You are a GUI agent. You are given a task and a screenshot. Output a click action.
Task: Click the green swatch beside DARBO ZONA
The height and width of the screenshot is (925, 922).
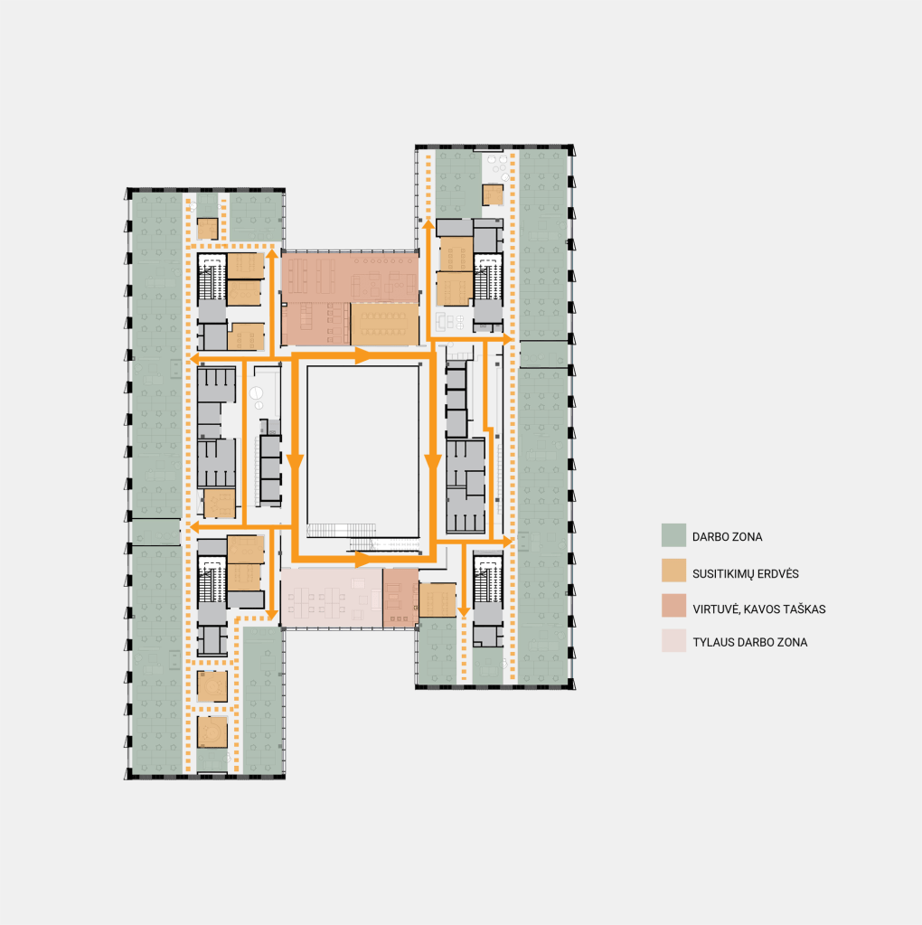tap(673, 535)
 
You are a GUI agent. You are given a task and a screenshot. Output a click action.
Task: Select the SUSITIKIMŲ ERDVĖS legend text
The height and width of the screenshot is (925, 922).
tap(745, 574)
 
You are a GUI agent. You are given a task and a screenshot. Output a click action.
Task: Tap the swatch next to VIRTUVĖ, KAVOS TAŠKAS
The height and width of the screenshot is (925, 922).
tap(673, 605)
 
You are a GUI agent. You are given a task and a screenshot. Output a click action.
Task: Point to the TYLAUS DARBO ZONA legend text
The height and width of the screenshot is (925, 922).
tap(749, 642)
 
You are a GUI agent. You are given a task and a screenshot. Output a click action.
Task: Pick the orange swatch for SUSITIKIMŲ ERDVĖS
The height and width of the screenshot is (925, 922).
tap(673, 571)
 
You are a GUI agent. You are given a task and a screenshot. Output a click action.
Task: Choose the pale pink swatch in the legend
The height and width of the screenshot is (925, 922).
tap(673, 640)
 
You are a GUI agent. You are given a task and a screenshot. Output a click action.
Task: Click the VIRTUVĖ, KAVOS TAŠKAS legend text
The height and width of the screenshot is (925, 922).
tap(758, 609)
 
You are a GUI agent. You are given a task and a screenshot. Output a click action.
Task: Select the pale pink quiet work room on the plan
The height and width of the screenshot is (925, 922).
tap(332, 598)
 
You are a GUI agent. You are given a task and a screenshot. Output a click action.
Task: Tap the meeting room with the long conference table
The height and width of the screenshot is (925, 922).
tap(384, 324)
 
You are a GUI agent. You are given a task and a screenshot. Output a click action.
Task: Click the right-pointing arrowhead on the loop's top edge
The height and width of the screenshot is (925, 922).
tap(362, 355)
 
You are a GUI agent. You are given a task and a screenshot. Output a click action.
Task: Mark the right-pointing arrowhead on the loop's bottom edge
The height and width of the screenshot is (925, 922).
tap(362, 559)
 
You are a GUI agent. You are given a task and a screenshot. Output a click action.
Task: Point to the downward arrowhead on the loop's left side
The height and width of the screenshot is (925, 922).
tap(295, 463)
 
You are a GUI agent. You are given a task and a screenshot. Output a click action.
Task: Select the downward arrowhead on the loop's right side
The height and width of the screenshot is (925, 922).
tap(433, 463)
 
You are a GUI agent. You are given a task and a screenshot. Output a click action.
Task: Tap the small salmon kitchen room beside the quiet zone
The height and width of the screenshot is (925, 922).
tap(400, 598)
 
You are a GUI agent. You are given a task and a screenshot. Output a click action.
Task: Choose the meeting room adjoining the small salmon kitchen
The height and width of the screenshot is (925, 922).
tap(437, 600)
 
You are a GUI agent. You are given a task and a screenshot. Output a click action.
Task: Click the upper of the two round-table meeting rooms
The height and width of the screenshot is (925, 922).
tap(212, 686)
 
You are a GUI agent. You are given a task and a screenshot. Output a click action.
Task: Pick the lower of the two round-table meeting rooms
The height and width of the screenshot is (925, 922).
tap(212, 732)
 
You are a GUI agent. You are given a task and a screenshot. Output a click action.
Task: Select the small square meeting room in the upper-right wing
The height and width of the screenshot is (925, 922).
tap(493, 194)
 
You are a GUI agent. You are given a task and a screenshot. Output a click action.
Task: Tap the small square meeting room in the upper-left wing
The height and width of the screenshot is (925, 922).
tap(208, 228)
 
